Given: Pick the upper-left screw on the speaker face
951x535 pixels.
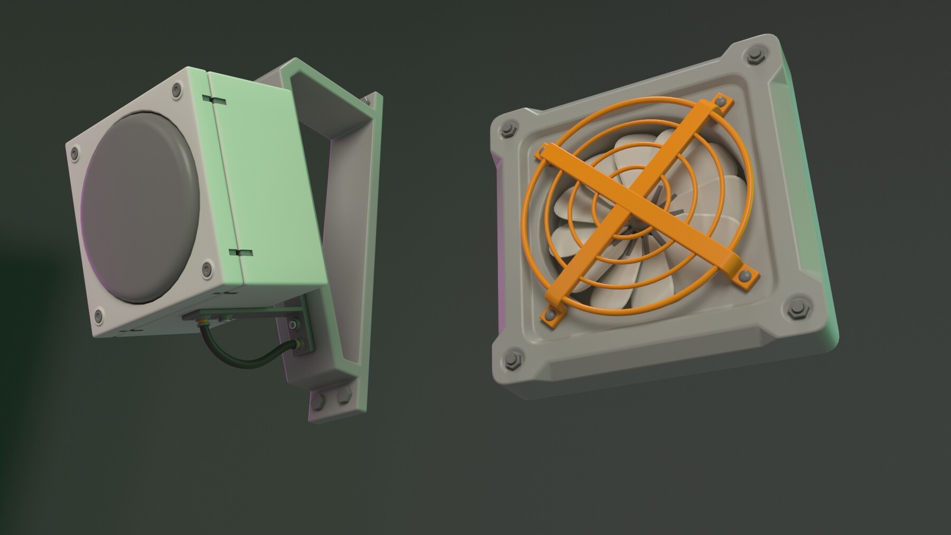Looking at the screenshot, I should click(x=74, y=153).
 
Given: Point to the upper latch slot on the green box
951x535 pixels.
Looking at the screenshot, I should click(x=213, y=99).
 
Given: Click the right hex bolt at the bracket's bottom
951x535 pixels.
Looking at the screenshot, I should click(x=344, y=396).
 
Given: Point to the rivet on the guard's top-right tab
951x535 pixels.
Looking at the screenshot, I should click(x=720, y=99).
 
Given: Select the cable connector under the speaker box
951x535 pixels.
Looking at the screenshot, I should click(x=202, y=321).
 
